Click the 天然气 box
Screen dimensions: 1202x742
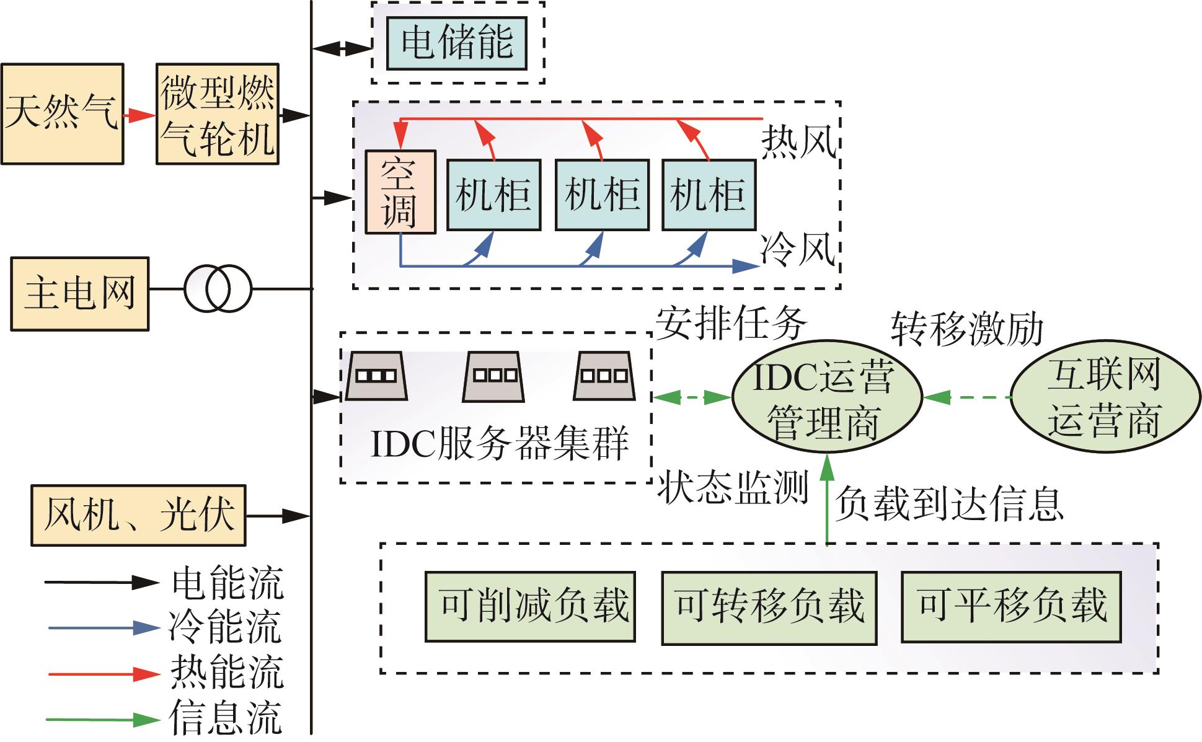pos(62,114)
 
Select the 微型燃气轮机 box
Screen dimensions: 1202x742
pos(217,114)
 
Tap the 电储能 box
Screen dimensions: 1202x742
pos(457,43)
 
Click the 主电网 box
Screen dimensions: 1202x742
pos(80,294)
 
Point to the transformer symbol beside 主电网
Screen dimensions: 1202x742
pos(218,289)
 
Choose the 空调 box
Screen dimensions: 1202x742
pos(400,192)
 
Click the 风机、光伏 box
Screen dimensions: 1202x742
pos(139,515)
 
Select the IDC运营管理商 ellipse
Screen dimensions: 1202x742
pos(827,398)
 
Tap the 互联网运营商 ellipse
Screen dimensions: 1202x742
pos(1106,397)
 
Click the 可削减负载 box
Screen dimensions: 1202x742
pos(531,607)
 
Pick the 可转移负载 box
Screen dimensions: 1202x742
pos(769,608)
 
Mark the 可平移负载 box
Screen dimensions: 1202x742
pos(1012,607)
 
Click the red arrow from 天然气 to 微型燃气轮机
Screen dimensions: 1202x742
pos(139,115)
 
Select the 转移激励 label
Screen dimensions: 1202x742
pos(967,329)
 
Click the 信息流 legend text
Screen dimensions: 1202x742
pos(226,718)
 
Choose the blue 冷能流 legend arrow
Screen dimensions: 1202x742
pos(104,628)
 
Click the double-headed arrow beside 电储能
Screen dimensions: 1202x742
pos(342,48)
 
